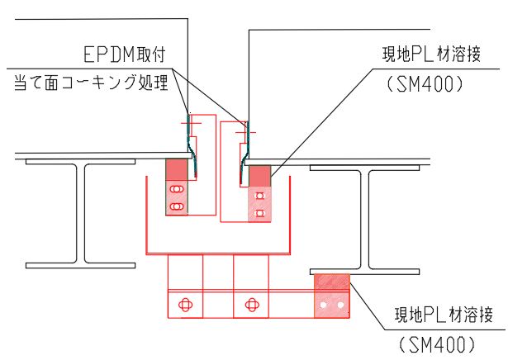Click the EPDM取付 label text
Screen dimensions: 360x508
tap(126, 55)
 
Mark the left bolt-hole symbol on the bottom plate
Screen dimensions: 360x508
tap(185, 305)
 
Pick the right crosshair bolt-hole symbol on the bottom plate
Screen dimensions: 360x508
tap(251, 305)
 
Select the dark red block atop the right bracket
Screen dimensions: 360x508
tap(259, 176)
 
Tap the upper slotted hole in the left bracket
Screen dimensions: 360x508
tap(176, 190)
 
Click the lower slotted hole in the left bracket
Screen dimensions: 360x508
tap(176, 204)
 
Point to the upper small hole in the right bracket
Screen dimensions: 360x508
tap(259, 197)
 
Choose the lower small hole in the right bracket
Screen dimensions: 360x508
tap(259, 212)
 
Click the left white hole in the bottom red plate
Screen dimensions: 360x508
tap(325, 306)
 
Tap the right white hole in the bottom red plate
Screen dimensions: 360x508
tap(339, 306)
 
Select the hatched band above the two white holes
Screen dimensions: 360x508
tap(331, 282)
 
